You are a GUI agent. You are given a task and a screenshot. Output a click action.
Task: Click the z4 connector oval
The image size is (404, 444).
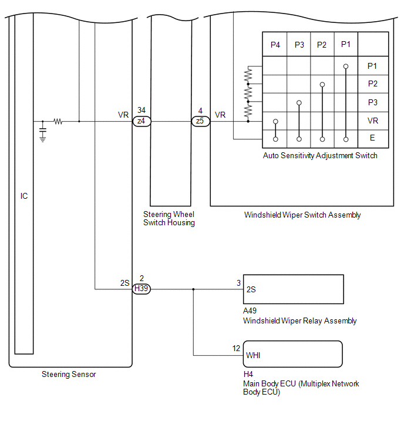pos(142,121)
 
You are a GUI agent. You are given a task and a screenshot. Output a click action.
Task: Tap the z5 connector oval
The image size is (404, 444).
pos(200,121)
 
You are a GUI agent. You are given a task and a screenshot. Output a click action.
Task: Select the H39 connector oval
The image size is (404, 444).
pos(142,289)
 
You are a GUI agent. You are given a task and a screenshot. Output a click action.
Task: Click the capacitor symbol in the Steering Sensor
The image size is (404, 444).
pos(43,130)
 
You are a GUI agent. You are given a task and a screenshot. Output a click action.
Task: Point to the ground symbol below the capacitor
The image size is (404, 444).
pos(43,139)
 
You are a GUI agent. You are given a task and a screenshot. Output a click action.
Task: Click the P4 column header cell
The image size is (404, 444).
pos(274,44)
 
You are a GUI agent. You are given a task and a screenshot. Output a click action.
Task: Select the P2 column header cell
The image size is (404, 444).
pos(322,44)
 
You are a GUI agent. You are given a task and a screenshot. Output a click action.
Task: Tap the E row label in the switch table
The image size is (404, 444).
pos(372,138)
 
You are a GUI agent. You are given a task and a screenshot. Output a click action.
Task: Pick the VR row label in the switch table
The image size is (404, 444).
pos(373,121)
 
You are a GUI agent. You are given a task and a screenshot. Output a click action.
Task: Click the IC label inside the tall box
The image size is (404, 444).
pos(24,196)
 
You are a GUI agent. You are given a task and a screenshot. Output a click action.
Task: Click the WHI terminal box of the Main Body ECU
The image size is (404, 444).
pos(292,354)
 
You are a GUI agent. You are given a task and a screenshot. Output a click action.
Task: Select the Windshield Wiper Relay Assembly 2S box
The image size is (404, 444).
pos(294,289)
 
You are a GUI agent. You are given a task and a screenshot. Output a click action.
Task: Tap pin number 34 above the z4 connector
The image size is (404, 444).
pos(142,110)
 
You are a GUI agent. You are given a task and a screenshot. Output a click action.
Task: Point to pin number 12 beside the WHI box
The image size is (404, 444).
pos(236,348)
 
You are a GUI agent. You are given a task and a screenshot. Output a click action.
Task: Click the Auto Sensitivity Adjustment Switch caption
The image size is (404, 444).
pos(320,155)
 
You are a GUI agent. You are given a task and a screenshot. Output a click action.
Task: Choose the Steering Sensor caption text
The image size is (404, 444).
pos(69,375)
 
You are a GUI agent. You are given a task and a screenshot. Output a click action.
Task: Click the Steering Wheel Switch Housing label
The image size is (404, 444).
pos(169,218)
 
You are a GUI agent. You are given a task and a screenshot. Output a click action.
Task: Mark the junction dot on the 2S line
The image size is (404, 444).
pos(193,289)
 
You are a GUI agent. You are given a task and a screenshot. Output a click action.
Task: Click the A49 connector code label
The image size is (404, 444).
pos(250,311)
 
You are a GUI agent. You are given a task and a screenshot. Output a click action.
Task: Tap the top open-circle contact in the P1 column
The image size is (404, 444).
pos(346,66)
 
